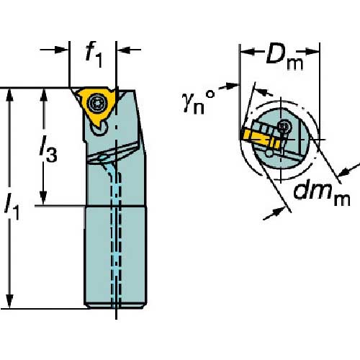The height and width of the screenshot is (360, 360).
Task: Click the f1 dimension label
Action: click(94, 54)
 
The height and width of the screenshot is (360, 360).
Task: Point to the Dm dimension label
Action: click(284, 57)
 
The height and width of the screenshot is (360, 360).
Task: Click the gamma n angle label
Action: click(198, 102)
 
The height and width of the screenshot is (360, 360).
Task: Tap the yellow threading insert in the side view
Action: click(96, 107)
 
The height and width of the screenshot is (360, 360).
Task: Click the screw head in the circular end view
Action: click(284, 126)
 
